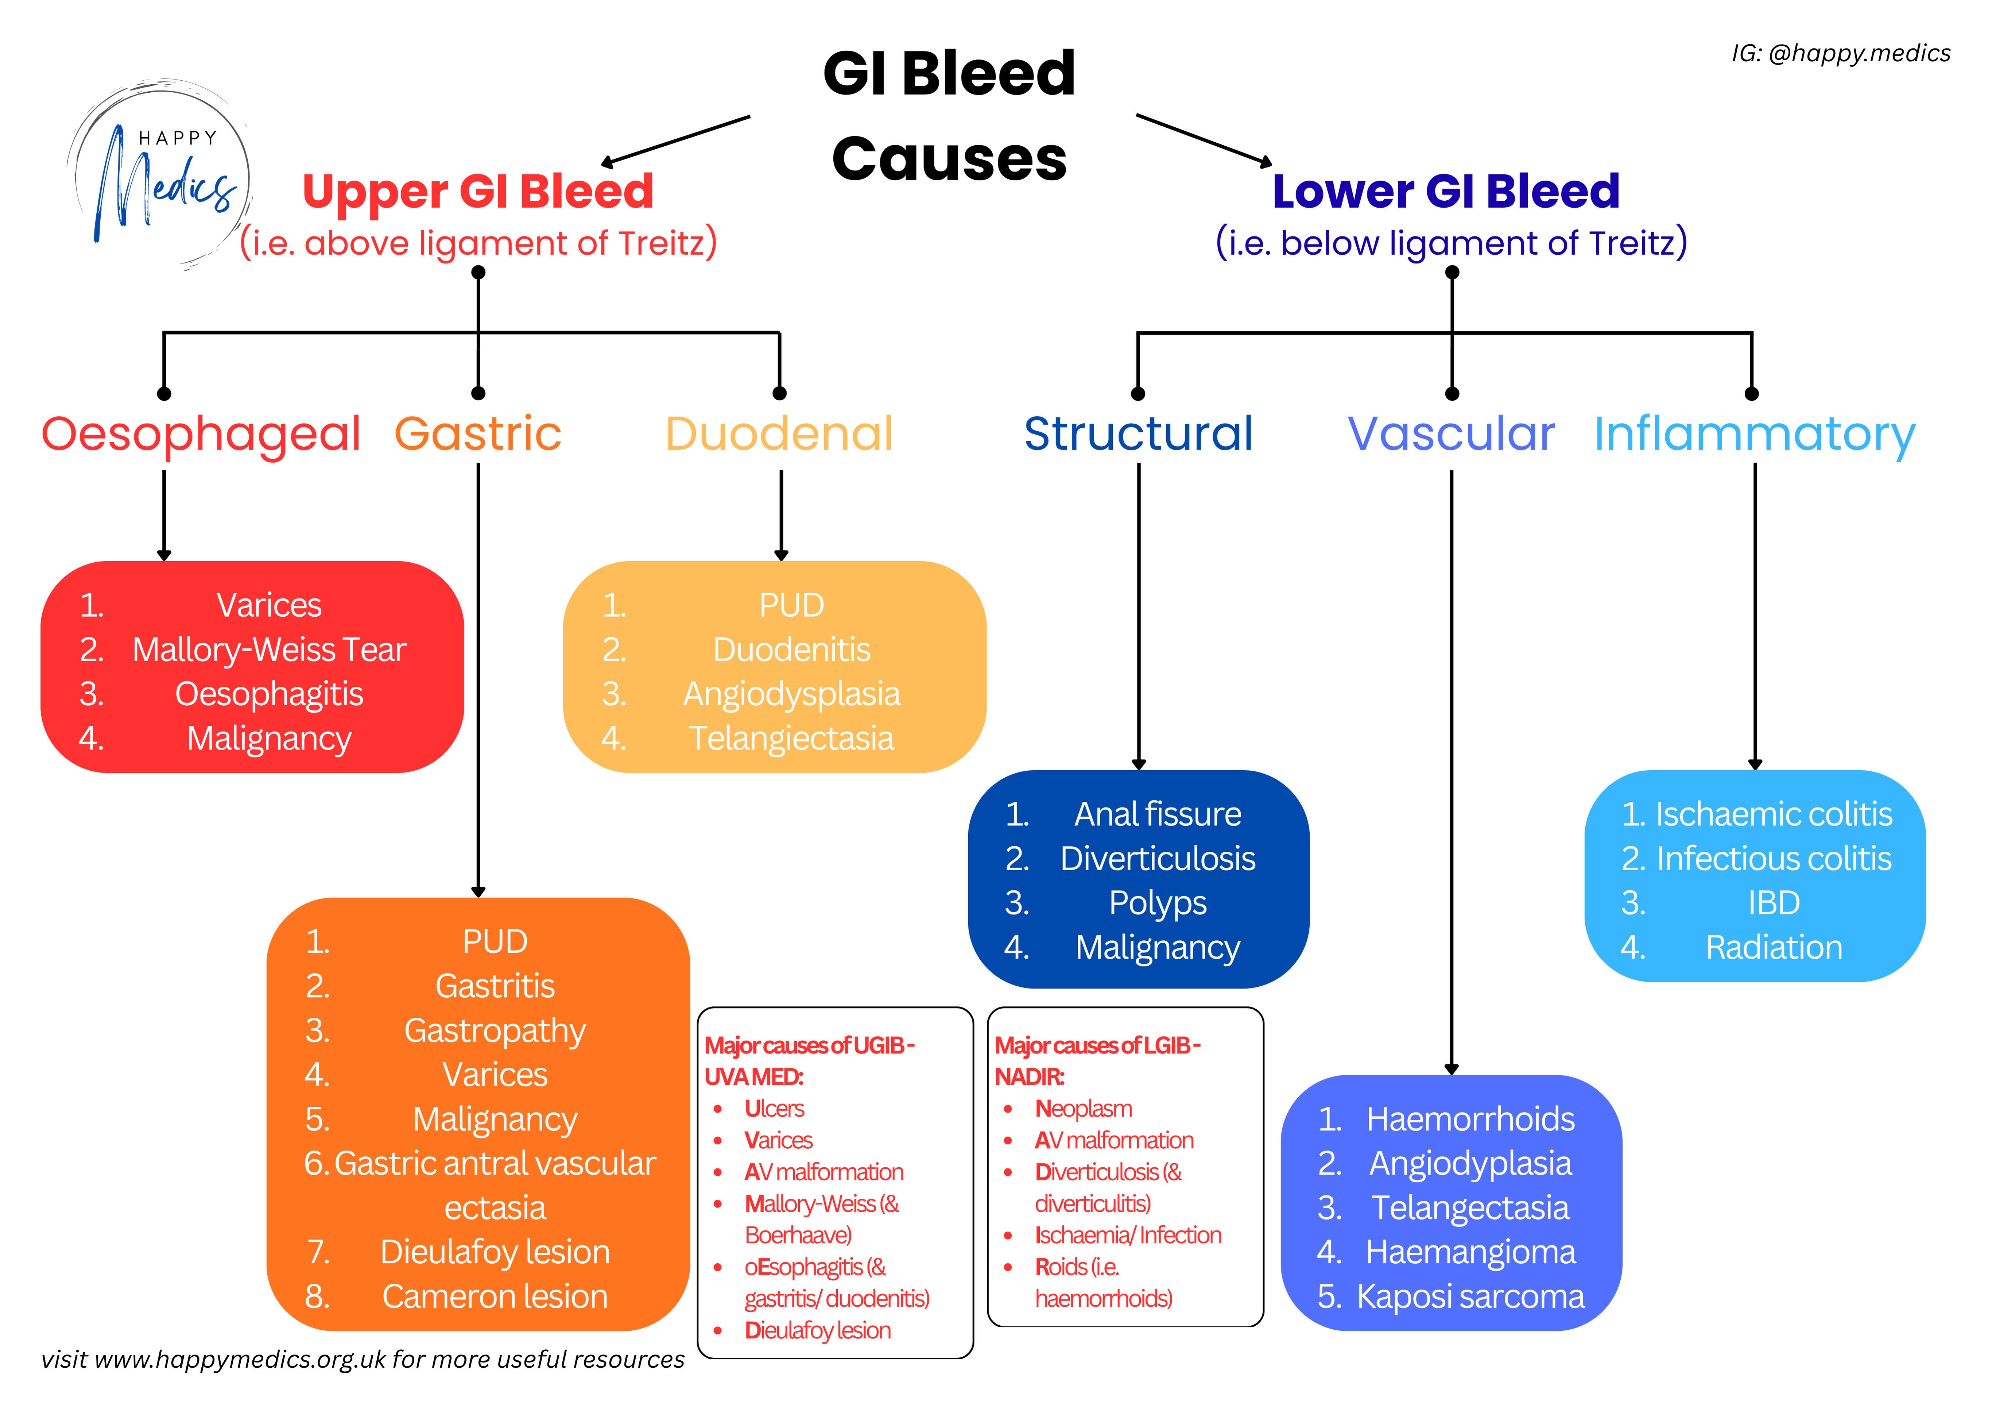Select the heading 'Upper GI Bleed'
(x=478, y=192)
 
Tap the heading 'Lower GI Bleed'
(x=1445, y=192)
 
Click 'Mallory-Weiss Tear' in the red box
(x=269, y=650)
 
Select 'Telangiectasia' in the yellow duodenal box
(x=791, y=738)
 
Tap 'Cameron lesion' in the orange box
(x=494, y=1297)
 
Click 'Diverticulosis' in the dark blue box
(x=1158, y=859)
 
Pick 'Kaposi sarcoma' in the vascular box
(x=1470, y=1297)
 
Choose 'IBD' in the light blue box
(x=1774, y=903)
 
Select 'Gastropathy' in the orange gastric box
(x=494, y=1031)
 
